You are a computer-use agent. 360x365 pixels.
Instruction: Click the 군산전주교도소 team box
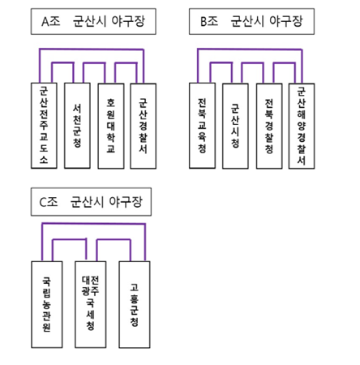pyautogui.click(x=44, y=126)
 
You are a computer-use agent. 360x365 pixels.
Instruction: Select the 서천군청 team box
pyautogui.click(x=77, y=126)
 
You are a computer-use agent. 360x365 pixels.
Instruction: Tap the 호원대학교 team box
pyautogui.click(x=111, y=126)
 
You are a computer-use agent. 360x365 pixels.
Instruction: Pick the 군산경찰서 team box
pyautogui.click(x=144, y=126)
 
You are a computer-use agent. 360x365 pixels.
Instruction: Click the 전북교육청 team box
pyautogui.click(x=202, y=126)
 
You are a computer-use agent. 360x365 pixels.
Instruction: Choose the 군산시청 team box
pyautogui.click(x=235, y=126)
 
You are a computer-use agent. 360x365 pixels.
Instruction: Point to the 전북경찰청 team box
pyautogui.click(x=269, y=126)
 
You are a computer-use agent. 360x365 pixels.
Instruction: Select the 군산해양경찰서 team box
pyautogui.click(x=302, y=126)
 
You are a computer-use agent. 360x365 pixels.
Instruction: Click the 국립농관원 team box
pyautogui.click(x=47, y=304)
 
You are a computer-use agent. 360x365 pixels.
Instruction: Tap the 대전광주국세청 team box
pyautogui.click(x=91, y=304)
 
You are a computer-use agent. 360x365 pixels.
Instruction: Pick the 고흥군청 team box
pyautogui.click(x=135, y=304)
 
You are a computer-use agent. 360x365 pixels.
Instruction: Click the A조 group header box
pyautogui.click(x=93, y=21)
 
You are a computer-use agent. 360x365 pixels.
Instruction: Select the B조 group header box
pyautogui.click(x=251, y=21)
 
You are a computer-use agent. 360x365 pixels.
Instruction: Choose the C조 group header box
pyautogui.click(x=91, y=202)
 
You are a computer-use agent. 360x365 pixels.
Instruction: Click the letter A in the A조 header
pyautogui.click(x=45, y=22)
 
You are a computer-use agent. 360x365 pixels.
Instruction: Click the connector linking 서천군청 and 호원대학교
pyautogui.click(x=94, y=63)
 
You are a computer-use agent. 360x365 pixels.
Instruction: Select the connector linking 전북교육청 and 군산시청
pyautogui.click(x=221, y=63)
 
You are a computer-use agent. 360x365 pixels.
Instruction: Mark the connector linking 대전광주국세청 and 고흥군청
pyautogui.click(x=114, y=240)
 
